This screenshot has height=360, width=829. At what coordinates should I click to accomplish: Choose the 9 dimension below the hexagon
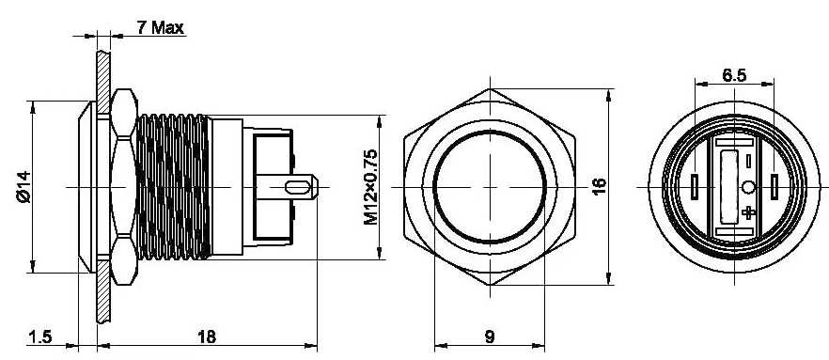point(488,337)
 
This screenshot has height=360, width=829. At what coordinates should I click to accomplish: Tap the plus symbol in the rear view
point(748,213)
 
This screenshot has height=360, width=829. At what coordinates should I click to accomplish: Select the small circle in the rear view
point(749,188)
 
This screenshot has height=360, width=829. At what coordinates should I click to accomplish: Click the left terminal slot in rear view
point(694,187)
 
